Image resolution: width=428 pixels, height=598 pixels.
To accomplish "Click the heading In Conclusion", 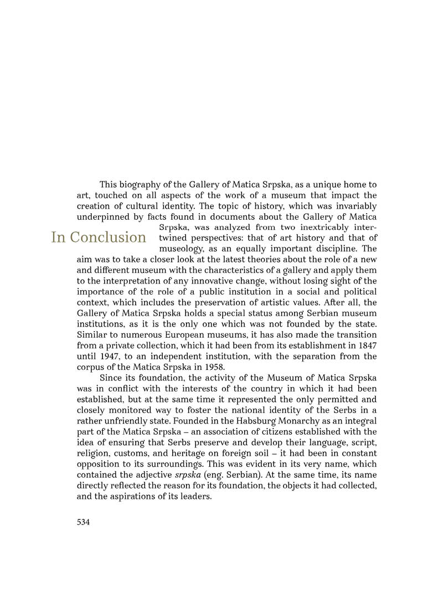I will (x=99, y=238).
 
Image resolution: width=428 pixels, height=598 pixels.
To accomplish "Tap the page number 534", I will (x=84, y=522).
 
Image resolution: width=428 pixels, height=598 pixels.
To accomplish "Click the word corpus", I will (x=91, y=367).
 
